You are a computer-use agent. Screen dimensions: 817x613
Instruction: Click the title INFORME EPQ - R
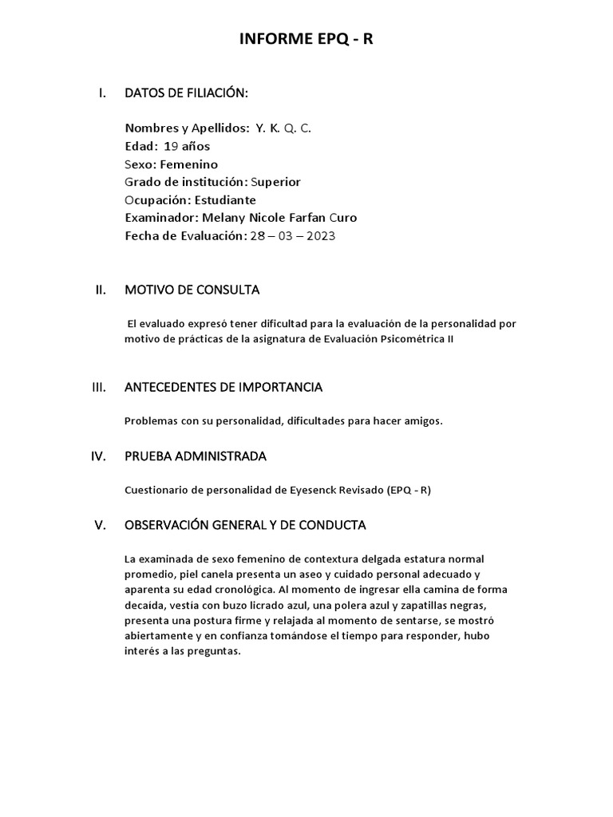pos(306,41)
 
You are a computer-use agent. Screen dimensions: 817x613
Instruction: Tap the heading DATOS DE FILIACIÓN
pos(186,93)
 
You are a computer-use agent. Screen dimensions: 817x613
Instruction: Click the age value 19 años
pos(187,146)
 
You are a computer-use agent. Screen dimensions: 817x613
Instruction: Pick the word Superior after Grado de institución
pos(275,182)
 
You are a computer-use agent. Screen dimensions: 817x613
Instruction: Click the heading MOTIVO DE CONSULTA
pos(192,290)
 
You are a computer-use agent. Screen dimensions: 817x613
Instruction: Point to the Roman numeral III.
pos(100,387)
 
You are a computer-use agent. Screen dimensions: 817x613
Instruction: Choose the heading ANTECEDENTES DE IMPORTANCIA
pos(223,387)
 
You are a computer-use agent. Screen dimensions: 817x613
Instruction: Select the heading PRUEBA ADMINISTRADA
pos(196,456)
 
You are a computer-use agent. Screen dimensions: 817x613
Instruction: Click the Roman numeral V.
pos(100,525)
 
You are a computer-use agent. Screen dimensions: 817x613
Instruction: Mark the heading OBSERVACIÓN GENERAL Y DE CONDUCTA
pos(245,525)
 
